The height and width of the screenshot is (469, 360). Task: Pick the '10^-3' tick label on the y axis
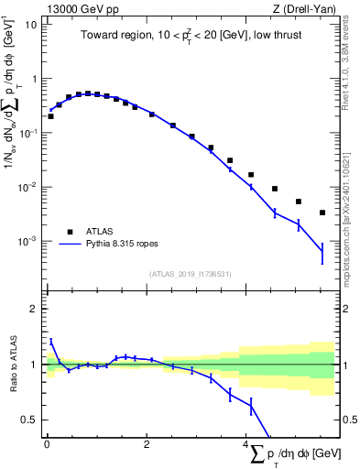point(27,242)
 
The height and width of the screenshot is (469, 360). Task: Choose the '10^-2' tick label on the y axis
point(27,188)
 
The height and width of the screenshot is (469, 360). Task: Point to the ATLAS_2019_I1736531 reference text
point(190,274)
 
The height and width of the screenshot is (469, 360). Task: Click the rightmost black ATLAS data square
point(322,213)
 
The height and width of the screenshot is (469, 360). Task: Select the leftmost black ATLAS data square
point(50,116)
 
